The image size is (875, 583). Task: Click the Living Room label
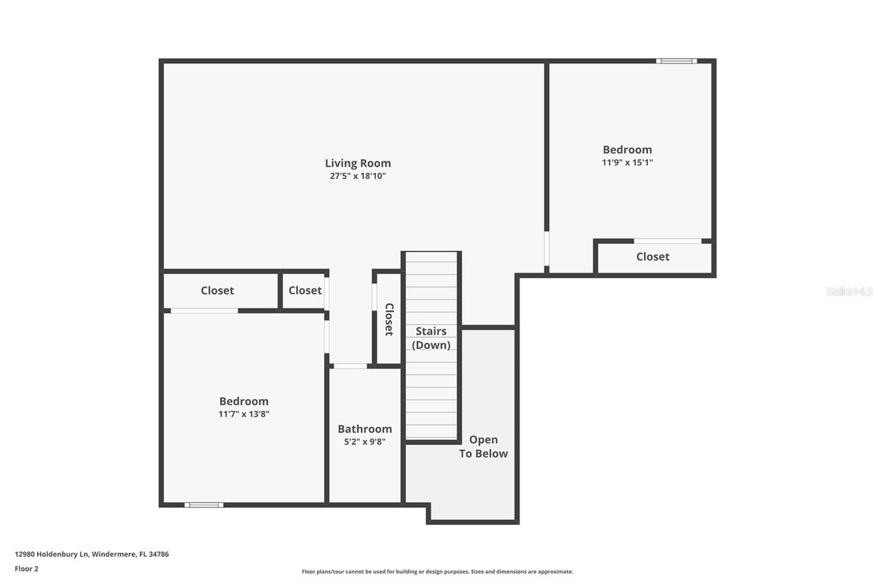pos(358,163)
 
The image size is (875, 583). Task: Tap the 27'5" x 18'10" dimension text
pos(358,176)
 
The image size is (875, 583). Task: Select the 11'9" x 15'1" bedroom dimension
pos(627,163)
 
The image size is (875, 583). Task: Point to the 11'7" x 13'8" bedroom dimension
pos(243,414)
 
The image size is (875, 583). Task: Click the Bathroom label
pos(364,429)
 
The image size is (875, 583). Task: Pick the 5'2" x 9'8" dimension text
pos(364,442)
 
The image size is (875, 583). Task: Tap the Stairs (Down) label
pos(431,338)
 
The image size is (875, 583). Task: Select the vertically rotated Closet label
pos(388,319)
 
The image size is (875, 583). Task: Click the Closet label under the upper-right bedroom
pos(652,257)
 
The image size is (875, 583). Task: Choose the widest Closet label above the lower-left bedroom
pos(217,291)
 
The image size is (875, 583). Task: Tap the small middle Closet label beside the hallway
pos(305,291)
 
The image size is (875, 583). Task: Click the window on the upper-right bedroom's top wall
pos(676,62)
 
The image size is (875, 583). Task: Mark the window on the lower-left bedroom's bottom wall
pos(204,505)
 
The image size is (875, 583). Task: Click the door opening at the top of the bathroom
pos(350,366)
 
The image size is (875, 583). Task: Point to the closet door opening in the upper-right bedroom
pos(667,241)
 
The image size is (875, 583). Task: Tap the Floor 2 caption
pos(27,569)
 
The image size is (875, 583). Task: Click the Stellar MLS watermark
pos(849,292)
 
